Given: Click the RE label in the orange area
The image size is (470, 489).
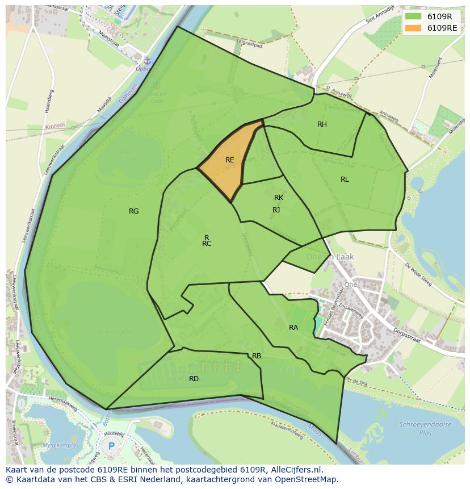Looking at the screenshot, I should pyautogui.click(x=229, y=160).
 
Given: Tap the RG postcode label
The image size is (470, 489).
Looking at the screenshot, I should pyautogui.click(x=133, y=211).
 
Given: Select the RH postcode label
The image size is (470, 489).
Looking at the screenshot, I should pyautogui.click(x=322, y=124).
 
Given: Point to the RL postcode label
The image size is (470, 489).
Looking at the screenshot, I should pyautogui.click(x=345, y=179).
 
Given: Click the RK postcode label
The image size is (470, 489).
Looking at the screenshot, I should pyautogui.click(x=279, y=198).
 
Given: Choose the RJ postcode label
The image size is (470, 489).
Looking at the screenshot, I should pyautogui.click(x=276, y=210).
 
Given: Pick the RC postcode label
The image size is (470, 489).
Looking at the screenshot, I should pyautogui.click(x=207, y=244).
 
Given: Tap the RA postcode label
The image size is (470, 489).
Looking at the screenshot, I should pyautogui.click(x=293, y=328).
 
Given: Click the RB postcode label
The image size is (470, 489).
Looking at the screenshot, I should pyautogui.click(x=257, y=356).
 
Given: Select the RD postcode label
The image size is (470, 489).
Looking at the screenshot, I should pyautogui.click(x=194, y=379).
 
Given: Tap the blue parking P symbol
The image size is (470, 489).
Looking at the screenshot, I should pyautogui.click(x=111, y=446).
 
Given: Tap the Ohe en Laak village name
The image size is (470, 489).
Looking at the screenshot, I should pyautogui.click(x=329, y=257).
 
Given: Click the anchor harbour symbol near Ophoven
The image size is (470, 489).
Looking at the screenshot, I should pyautogui.click(x=146, y=60).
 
